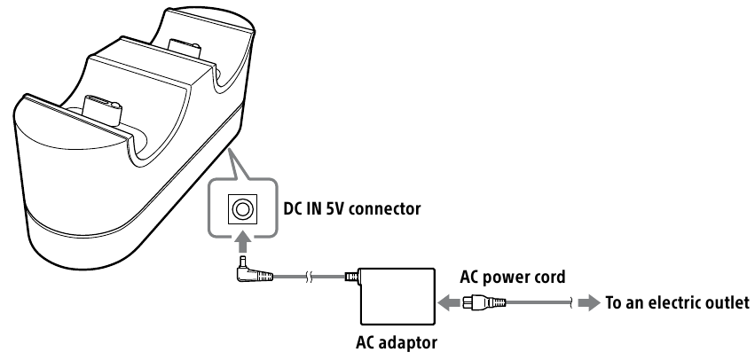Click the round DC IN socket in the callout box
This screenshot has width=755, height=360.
241,209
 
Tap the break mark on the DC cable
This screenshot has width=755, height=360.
310,276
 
